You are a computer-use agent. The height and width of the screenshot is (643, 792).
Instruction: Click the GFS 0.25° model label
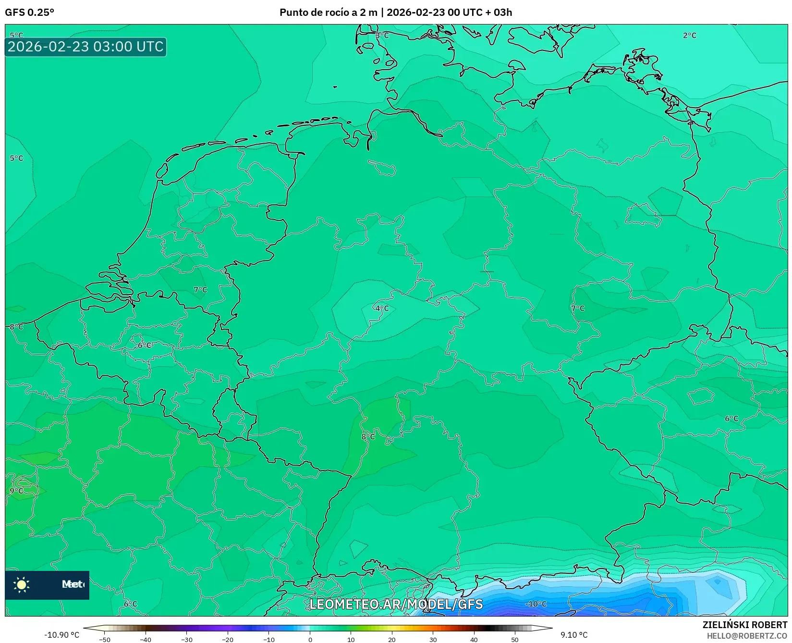[29, 12]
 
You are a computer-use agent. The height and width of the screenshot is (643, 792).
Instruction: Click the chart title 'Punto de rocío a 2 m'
[329, 12]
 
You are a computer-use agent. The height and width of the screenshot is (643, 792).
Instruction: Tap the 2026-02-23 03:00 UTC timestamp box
[85, 47]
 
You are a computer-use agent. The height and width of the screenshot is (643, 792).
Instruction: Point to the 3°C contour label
[382, 36]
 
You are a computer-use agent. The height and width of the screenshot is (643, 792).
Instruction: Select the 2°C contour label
[689, 36]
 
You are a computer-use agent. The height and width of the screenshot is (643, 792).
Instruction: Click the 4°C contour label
[382, 309]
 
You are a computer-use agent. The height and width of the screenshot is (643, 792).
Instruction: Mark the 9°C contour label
[16, 491]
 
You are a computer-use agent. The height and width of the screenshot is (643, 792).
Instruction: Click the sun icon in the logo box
[22, 584]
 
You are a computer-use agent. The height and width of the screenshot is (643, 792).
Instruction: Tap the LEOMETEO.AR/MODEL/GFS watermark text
[396, 604]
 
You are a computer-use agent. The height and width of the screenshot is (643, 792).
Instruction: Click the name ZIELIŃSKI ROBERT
[744, 625]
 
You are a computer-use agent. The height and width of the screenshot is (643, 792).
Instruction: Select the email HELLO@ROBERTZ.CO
[746, 636]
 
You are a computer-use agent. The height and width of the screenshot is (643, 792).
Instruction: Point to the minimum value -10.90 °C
[61, 635]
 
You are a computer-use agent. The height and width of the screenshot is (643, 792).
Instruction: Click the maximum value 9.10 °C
[574, 635]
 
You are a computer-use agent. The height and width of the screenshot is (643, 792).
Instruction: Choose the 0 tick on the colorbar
[310, 640]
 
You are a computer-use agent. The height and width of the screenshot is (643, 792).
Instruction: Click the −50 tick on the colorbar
[104, 640]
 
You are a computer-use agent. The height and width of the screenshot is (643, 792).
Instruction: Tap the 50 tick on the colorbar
[515, 640]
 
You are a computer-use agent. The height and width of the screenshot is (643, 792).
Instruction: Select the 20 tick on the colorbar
[392, 640]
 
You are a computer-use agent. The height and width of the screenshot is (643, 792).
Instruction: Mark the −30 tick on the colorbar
[186, 640]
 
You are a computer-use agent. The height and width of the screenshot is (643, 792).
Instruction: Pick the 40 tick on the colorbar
[474, 640]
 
